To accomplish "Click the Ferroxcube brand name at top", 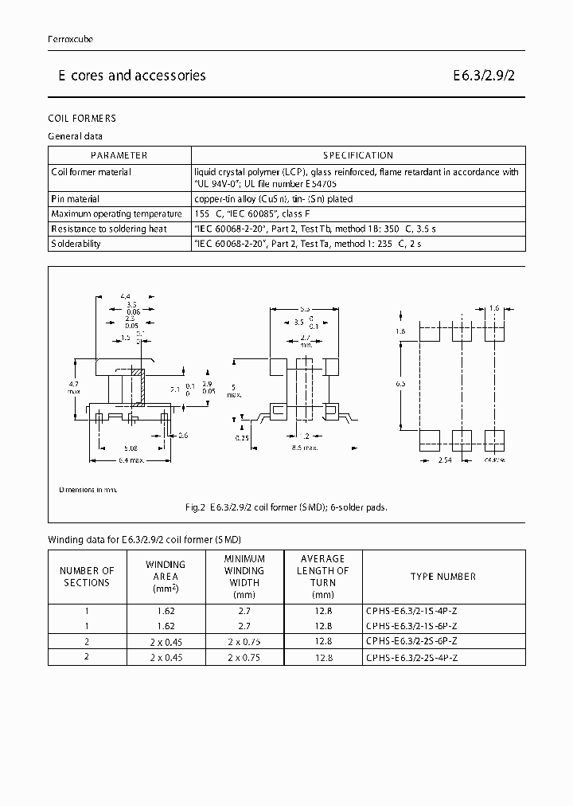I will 71,39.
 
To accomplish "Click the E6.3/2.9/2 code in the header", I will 489,76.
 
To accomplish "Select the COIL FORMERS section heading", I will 82,119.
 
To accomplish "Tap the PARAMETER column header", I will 119,155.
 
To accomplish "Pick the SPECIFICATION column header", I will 358,155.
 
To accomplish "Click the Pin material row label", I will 76,199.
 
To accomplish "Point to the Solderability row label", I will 76,244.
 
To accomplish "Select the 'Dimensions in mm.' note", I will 88,489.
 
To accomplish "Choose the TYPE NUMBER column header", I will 442,577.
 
